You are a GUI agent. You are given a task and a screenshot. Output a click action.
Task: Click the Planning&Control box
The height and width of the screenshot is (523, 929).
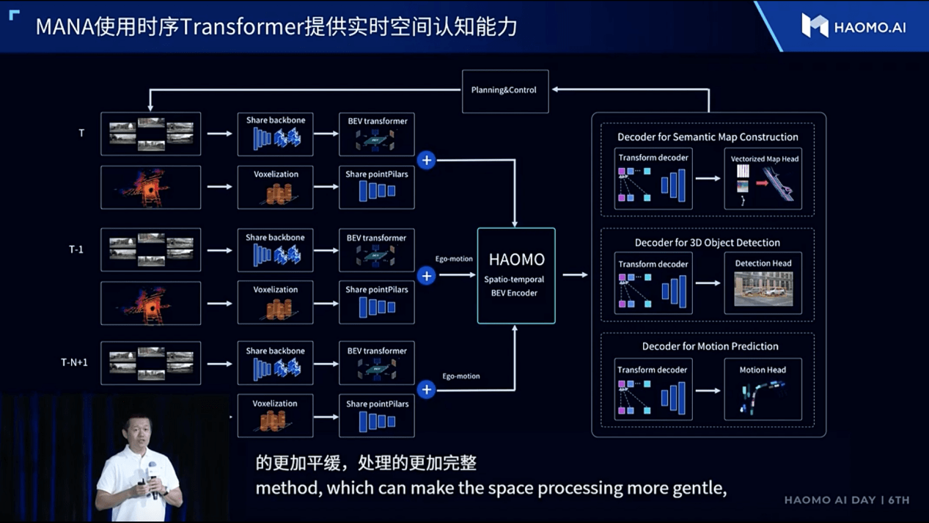(505, 91)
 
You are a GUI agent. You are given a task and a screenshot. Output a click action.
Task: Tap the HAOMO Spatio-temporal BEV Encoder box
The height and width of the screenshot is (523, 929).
(516, 275)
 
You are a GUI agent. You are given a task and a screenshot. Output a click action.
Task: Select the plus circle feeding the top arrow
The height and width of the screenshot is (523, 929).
(426, 161)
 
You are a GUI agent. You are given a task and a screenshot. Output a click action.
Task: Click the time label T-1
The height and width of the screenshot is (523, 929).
(76, 249)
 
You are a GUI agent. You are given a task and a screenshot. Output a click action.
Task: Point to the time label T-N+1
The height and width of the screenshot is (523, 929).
(74, 362)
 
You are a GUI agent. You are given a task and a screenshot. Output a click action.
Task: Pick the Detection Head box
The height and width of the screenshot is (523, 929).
(763, 283)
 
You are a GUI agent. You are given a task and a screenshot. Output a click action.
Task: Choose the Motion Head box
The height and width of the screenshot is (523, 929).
(763, 389)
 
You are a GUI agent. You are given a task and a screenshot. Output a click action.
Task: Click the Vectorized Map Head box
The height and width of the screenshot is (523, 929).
(763, 179)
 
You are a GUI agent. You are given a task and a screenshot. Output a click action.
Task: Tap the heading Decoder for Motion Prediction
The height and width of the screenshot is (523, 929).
(710, 346)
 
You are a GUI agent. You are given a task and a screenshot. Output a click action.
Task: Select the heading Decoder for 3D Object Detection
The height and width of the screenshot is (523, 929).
(708, 243)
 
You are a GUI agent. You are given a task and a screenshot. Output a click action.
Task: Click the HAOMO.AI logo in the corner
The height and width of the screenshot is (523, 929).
(853, 26)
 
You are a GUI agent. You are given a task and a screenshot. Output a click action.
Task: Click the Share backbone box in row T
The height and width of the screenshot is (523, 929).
(276, 134)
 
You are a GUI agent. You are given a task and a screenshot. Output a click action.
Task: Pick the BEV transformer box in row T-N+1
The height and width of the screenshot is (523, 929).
(377, 363)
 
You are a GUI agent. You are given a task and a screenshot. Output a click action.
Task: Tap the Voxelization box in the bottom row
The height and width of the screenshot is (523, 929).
(276, 416)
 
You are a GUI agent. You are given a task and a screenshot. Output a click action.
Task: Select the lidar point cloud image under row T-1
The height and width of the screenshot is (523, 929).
(151, 303)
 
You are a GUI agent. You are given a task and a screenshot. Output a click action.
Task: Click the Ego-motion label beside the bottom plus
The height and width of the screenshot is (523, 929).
(461, 376)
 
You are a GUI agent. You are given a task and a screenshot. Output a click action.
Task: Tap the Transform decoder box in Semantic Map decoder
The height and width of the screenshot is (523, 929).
(653, 179)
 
